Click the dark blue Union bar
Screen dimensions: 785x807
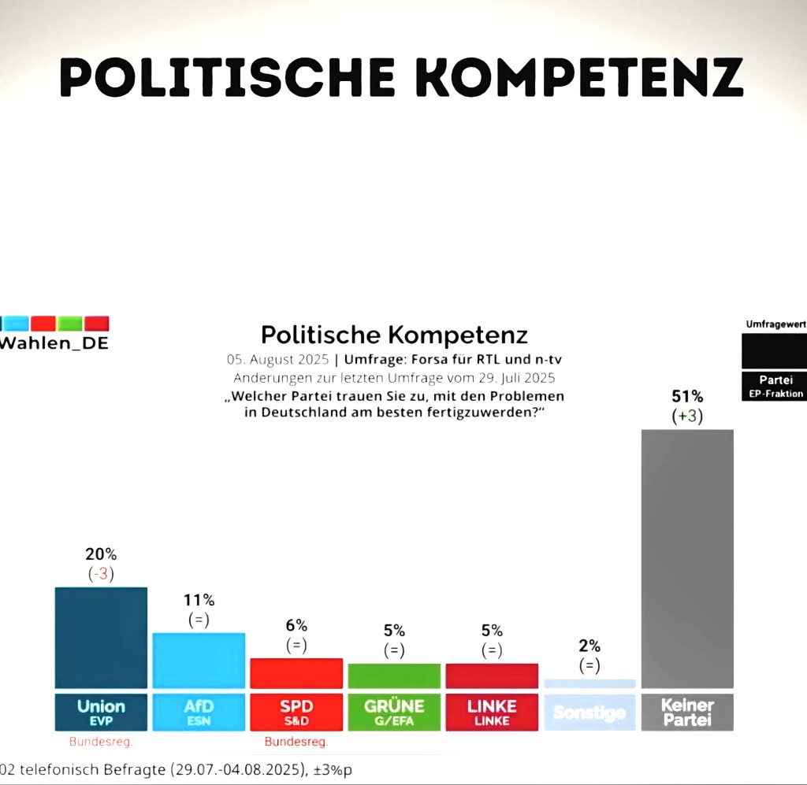101,638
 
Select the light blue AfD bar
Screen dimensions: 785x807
199,661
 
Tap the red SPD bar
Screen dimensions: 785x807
296,673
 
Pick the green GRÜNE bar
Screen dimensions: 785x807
394,676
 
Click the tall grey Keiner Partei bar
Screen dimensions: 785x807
688,559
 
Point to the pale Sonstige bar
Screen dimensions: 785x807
589,683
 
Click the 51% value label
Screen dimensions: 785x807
687,396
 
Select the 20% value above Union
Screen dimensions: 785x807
101,554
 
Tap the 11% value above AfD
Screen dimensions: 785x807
199,600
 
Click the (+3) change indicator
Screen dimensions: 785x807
687,417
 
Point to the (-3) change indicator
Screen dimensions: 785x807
101,574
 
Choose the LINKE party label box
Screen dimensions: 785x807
492,711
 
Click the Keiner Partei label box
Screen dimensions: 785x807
688,711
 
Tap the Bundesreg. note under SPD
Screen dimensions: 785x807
296,742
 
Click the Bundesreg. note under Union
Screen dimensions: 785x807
100,742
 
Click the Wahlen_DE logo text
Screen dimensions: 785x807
55,344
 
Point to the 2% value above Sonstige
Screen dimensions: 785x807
589,646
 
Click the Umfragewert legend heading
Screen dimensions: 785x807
775,324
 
